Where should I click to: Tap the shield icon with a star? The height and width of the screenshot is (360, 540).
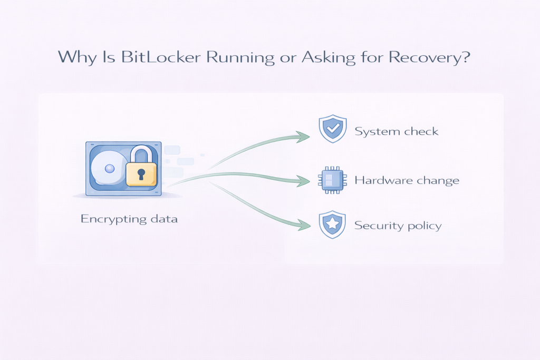pyautogui.click(x=332, y=225)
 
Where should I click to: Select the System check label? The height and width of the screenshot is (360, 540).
pyautogui.click(x=396, y=131)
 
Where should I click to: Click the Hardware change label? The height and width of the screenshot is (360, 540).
pyautogui.click(x=407, y=180)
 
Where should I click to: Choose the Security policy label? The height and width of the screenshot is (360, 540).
pyautogui.click(x=398, y=226)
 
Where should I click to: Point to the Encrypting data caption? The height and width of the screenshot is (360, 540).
pyautogui.click(x=129, y=218)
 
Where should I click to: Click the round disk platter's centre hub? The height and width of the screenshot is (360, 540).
pyautogui.click(x=109, y=169)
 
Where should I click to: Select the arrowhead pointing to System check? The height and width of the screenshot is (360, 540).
pyautogui.click(x=304, y=137)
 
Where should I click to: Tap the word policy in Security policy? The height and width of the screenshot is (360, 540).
pyautogui.click(x=425, y=226)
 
